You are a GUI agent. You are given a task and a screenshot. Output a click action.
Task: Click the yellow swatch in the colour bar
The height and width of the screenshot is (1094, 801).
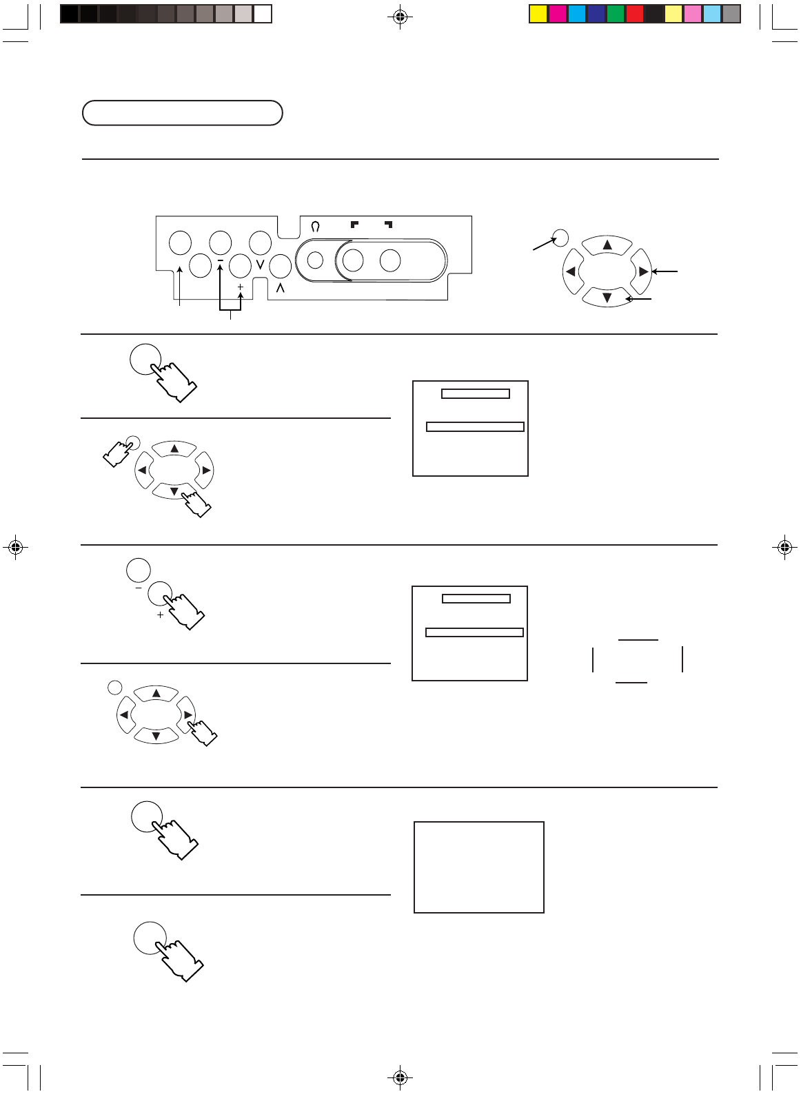pos(538,14)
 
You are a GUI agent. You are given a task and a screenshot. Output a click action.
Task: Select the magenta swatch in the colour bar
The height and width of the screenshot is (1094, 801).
pos(558,14)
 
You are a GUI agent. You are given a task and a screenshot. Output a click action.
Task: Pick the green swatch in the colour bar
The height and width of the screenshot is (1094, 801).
pos(616,14)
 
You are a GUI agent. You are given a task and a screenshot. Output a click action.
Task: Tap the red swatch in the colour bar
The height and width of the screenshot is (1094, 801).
pos(635,14)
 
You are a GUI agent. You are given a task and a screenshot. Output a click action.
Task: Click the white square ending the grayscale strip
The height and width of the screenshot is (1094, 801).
pos(263,14)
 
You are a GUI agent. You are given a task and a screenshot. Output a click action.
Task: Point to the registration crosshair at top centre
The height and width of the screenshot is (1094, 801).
pos(400,17)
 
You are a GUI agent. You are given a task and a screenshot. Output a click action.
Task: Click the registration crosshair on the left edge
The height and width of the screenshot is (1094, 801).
pos(16,548)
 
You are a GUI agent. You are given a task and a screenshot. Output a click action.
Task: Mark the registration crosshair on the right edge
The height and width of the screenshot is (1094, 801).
pos(784,548)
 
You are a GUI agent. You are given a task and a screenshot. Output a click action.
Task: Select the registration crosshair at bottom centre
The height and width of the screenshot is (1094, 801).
pos(400,1077)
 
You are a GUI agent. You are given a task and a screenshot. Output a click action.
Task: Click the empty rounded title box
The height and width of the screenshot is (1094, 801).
pos(182,113)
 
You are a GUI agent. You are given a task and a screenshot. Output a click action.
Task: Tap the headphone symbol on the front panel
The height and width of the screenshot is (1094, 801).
pos(316,226)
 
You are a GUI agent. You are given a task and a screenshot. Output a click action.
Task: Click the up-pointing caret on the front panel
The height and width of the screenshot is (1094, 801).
pos(280,288)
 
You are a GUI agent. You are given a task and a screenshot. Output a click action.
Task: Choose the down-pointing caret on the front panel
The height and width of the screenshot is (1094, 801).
pos(260,264)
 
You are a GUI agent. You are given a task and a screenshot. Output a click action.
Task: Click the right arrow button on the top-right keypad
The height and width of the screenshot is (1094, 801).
pos(642,271)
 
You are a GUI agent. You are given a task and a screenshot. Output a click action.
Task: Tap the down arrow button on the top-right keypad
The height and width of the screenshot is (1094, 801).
pos(607,298)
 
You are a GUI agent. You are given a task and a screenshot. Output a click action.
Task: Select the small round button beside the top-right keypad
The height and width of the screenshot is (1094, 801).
pos(561,238)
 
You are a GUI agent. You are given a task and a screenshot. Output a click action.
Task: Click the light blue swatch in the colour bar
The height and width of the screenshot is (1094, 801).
pos(712,14)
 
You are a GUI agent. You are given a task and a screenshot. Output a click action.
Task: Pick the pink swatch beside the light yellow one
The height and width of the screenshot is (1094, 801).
pos(693,14)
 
